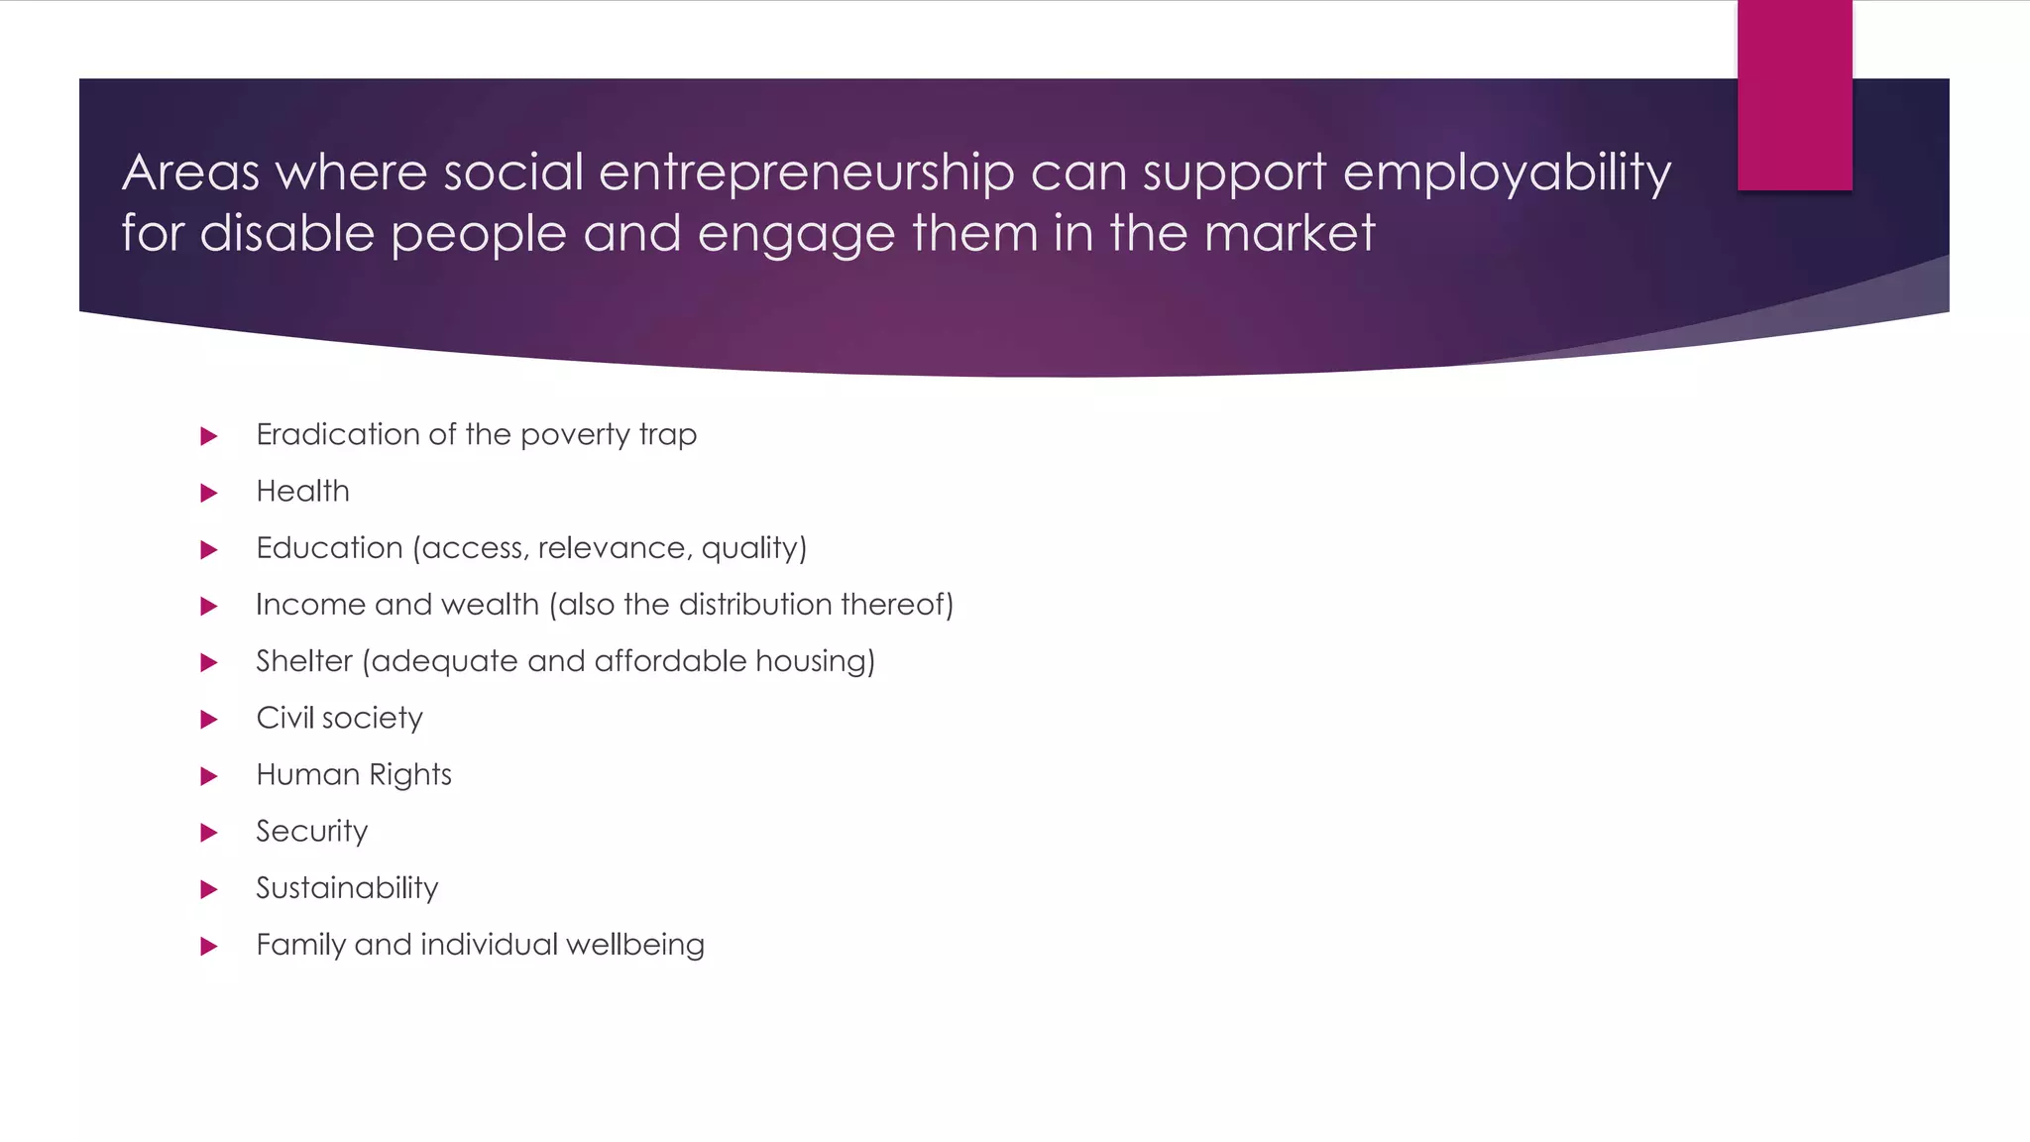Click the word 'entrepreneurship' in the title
point(807,172)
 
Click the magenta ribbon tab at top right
point(1794,95)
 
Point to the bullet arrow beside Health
point(208,493)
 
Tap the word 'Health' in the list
point(302,491)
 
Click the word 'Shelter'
point(303,661)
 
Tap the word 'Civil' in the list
point(284,718)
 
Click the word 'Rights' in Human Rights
point(410,775)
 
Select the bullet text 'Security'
point(311,832)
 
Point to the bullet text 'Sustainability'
point(347,888)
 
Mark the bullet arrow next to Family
point(208,946)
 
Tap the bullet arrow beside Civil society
point(208,720)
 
